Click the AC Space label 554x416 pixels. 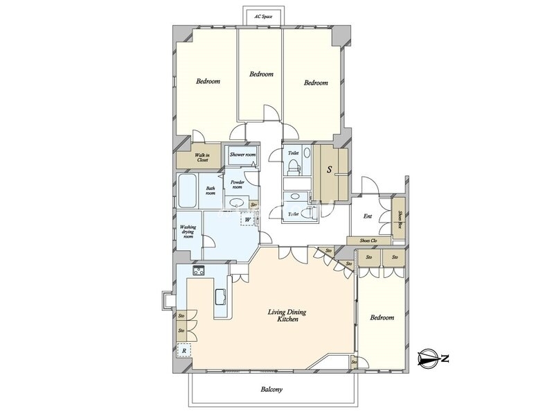(263, 16)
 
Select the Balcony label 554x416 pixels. (271, 390)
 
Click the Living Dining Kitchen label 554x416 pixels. (287, 315)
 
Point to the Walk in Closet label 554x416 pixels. (202, 157)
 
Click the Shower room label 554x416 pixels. (242, 155)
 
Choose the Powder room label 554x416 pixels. (237, 184)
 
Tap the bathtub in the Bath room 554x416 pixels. (187, 191)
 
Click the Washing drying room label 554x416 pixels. (188, 232)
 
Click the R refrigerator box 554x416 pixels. (184, 351)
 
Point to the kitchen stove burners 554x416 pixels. (199, 270)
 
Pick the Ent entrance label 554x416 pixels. (368, 216)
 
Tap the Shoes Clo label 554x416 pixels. (368, 241)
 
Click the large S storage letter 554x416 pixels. (330, 169)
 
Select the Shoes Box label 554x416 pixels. (400, 219)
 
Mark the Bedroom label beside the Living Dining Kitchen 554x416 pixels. (382, 318)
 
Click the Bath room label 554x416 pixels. (211, 191)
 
